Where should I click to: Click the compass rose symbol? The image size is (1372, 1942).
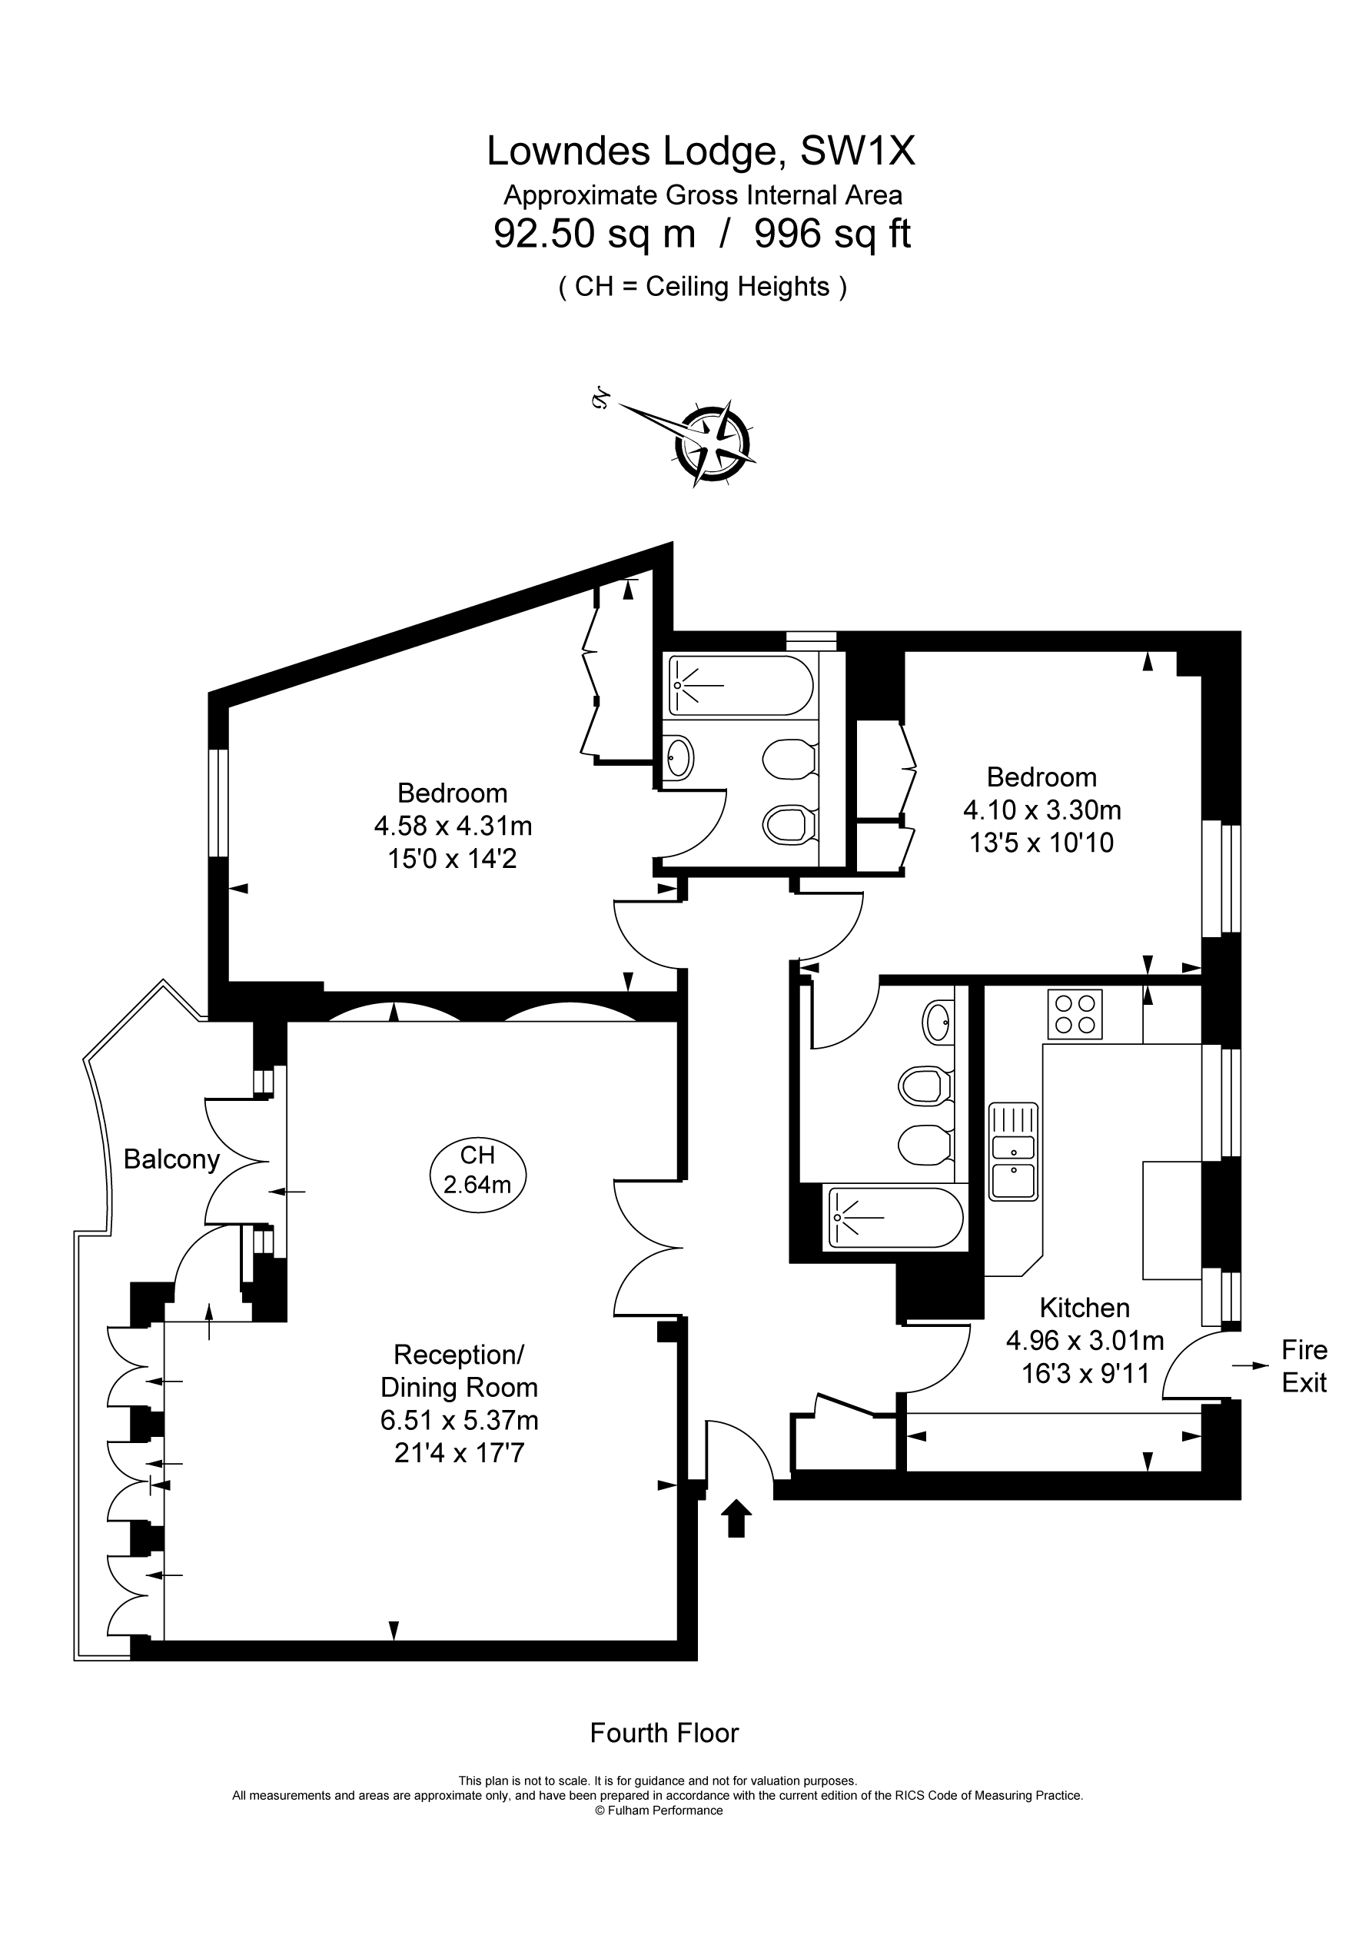[x=713, y=443]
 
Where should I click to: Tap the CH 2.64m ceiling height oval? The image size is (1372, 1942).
[x=478, y=1171]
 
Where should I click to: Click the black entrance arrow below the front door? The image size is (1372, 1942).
[x=736, y=1518]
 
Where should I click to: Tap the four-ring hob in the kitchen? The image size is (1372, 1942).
[x=1075, y=1014]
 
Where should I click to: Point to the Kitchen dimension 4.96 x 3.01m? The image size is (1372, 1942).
[x=1085, y=1341]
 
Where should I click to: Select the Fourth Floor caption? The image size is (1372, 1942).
[x=664, y=1733]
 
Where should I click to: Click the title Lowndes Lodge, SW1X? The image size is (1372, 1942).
[x=700, y=151]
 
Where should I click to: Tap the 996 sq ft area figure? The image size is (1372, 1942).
[x=832, y=234]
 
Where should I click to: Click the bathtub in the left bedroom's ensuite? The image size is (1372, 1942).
[x=741, y=685]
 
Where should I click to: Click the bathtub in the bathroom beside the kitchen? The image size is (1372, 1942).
[x=895, y=1217]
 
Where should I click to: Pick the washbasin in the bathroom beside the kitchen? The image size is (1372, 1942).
[x=938, y=1023]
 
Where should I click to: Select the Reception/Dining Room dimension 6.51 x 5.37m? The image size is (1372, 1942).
[x=460, y=1420]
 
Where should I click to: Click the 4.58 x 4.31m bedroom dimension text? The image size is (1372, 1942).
[x=453, y=826]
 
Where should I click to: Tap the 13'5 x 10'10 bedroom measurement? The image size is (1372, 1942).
[x=1041, y=843]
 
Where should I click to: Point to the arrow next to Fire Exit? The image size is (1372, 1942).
[x=1251, y=1365]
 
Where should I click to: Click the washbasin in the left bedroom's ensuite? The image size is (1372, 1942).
[x=679, y=757]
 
